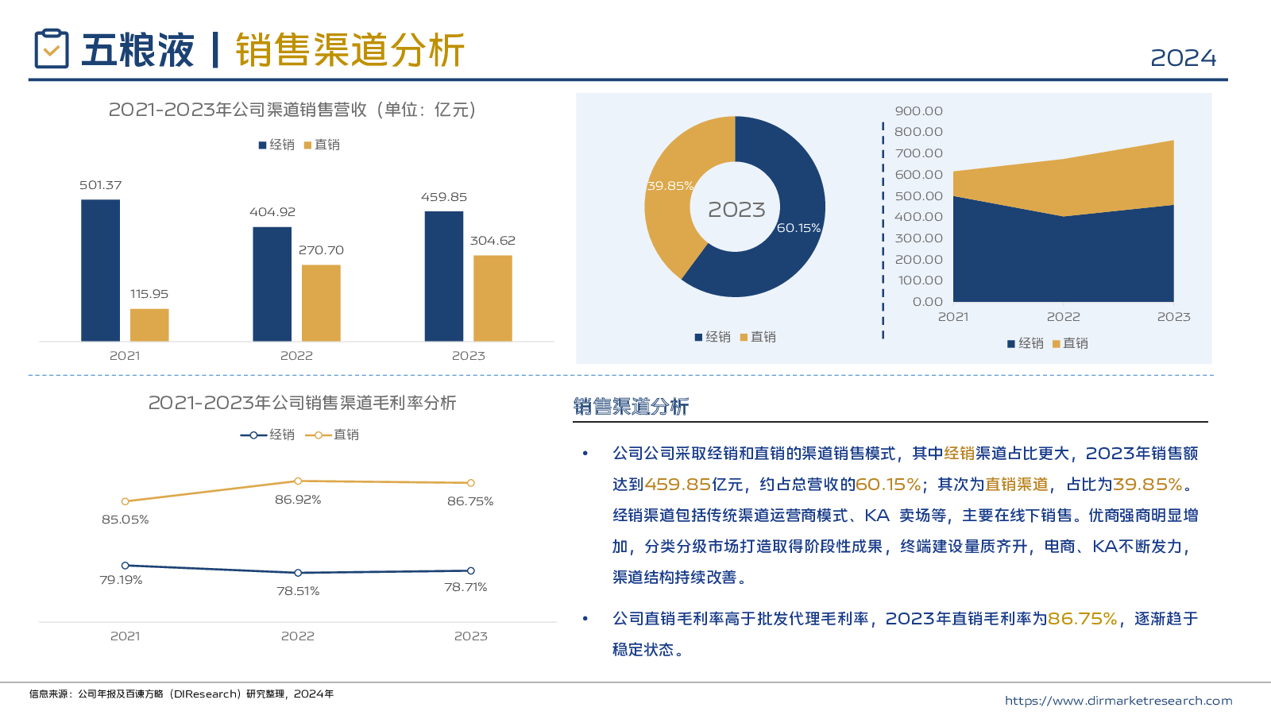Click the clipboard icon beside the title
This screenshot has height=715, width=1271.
(52, 48)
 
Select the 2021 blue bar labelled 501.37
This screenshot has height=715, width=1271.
(101, 270)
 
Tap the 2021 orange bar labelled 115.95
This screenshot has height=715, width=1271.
(149, 325)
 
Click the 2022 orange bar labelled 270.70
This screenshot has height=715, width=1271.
(321, 303)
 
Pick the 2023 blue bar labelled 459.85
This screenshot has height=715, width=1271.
(444, 276)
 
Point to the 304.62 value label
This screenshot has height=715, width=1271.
(493, 241)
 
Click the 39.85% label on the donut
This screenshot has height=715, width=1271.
(670, 186)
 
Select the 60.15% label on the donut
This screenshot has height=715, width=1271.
(798, 228)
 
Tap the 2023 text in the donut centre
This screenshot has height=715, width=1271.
(736, 210)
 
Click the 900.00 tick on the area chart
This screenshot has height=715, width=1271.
(918, 111)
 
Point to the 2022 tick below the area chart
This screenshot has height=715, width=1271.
(1063, 317)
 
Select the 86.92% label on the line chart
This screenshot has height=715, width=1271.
(298, 500)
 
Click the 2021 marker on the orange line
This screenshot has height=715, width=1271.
(126, 501)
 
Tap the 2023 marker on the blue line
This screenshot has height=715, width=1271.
(471, 570)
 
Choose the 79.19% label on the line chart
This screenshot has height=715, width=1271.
(121, 580)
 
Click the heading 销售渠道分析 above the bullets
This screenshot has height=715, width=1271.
(631, 407)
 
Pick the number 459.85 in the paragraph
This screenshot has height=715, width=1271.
(678, 485)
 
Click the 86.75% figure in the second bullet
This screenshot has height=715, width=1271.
(1082, 619)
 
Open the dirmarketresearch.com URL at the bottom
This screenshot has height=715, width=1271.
(1118, 701)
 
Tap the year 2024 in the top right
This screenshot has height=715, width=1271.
(1183, 58)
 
